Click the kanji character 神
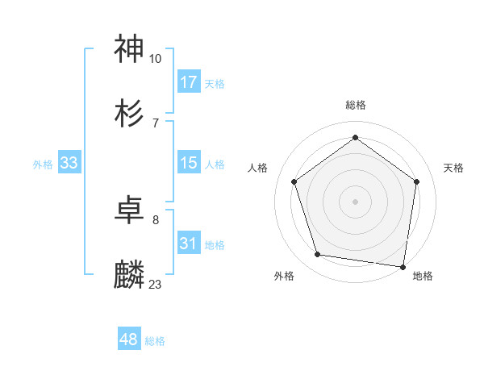pyautogui.click(x=130, y=49)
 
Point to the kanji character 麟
pyautogui.click(x=130, y=275)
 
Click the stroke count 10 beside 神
pyautogui.click(x=156, y=59)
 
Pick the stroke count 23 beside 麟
pyautogui.click(x=156, y=284)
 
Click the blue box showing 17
pyautogui.click(x=189, y=82)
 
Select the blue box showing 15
pyautogui.click(x=189, y=163)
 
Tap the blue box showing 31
pyautogui.click(x=189, y=244)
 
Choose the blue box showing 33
pyautogui.click(x=69, y=163)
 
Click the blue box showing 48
pyautogui.click(x=129, y=339)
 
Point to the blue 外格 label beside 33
pyautogui.click(x=43, y=165)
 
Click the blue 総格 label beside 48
pyautogui.click(x=155, y=341)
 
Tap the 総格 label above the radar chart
pyautogui.click(x=355, y=105)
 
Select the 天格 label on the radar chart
pyautogui.click(x=453, y=168)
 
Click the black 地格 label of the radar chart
pyautogui.click(x=423, y=276)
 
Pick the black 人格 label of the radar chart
pyautogui.click(x=258, y=168)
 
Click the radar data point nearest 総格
pyautogui.click(x=355, y=138)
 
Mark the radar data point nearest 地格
pyautogui.click(x=403, y=266)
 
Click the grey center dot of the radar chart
pyautogui.click(x=355, y=201)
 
